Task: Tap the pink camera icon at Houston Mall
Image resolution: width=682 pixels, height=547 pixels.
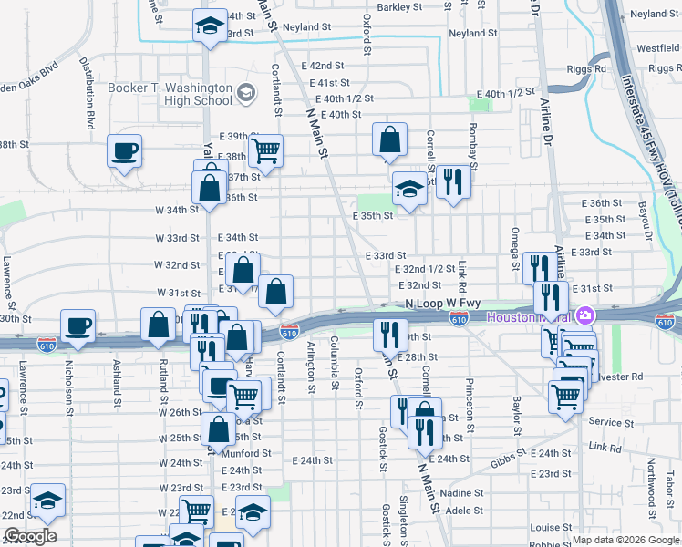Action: (x=584, y=316)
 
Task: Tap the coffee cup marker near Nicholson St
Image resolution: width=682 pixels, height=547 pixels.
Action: (x=77, y=325)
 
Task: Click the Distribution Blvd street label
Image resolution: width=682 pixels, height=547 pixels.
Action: (x=88, y=92)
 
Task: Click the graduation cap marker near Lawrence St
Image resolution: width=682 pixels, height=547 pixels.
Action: (x=47, y=499)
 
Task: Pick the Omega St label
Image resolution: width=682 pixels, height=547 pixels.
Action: (x=515, y=242)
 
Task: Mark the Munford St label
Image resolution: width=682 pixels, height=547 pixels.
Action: (x=240, y=451)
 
